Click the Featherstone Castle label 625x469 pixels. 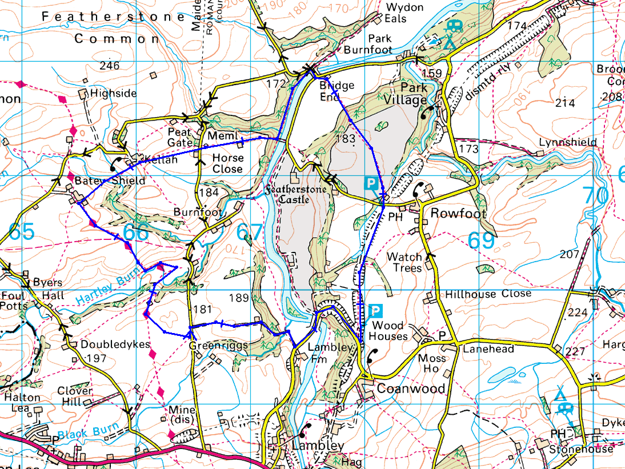point(295,194)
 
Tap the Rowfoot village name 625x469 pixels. point(458,214)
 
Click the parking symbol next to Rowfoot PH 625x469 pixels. point(371,183)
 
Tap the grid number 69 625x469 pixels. point(482,240)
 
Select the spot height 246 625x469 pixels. point(109,66)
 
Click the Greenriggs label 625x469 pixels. point(218,346)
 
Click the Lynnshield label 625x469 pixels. point(568,142)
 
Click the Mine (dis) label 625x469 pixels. point(182,415)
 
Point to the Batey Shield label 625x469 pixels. point(109,181)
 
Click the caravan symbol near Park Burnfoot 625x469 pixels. point(454,25)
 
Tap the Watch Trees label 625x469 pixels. point(404,262)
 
